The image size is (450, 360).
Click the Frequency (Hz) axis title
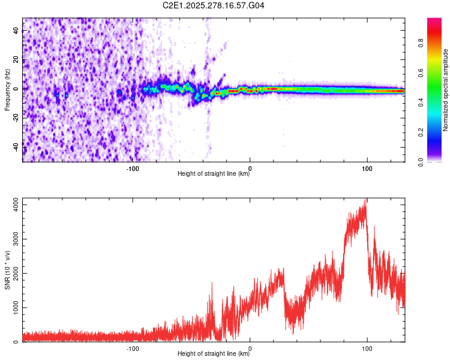tap(7, 90)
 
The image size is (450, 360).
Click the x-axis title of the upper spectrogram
tap(214, 174)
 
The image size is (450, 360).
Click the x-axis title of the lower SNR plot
tap(214, 354)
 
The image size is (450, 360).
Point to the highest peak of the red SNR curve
tap(365, 200)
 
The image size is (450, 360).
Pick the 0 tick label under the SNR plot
tap(250, 347)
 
